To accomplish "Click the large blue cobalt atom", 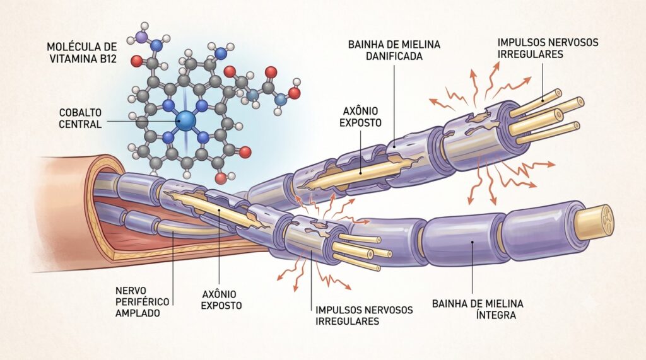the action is pos(185,120).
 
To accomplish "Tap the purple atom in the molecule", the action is pos(141,37).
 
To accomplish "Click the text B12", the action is pos(107,59).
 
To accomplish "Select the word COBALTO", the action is pos(80,112).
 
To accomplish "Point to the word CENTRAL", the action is pos(80,124).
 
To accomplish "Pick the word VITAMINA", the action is pos(72,59).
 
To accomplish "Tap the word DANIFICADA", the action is pos(394,55).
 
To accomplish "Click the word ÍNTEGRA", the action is pos(496,315).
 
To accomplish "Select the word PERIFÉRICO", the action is pos(142,302).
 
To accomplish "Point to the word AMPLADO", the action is pos(137,313).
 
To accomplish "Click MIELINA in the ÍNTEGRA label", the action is pos(502,304).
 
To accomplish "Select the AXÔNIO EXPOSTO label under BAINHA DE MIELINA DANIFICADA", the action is pos(360,117).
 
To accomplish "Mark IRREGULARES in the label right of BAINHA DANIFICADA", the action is pos(530,54).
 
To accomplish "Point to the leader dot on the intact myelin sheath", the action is pos(473,243).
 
